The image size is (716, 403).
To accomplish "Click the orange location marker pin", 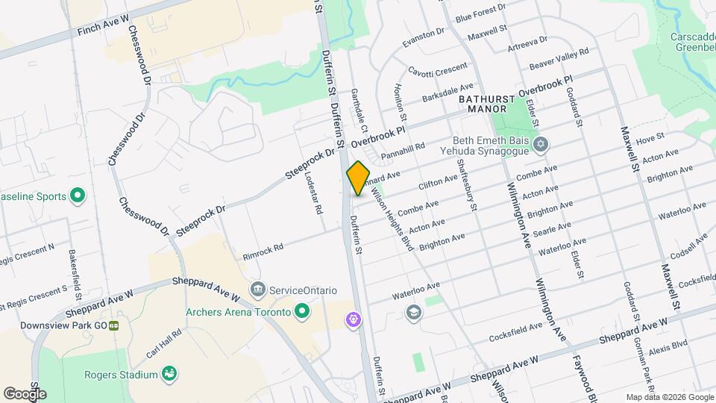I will point(358,178).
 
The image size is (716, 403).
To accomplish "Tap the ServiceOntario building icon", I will point(259,290).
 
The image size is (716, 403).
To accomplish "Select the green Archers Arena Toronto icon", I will point(302,312).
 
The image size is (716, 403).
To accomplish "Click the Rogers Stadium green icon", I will point(169,374).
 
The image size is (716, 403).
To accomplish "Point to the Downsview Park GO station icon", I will point(114,326).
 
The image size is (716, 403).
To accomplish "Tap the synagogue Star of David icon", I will point(541,144).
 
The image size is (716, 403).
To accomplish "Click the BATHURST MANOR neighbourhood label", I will point(487,103).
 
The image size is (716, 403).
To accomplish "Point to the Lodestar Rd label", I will point(314,194).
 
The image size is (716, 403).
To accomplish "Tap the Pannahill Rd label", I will point(402,151).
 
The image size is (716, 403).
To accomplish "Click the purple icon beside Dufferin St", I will point(353,320).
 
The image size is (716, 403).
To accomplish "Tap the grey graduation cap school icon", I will point(412,311).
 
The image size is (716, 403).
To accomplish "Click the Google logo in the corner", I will point(25,393).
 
